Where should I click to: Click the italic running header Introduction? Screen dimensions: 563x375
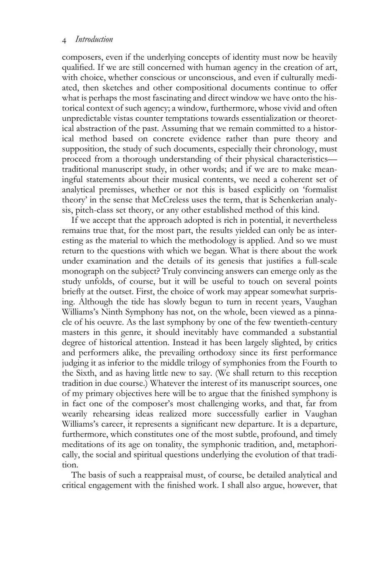pyautogui.click(x=94, y=40)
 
